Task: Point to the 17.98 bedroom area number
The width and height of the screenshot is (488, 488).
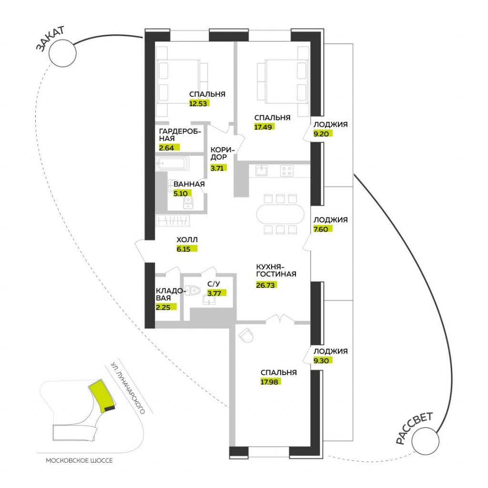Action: coord(269,381)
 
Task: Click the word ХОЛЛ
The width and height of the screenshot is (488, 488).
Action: coord(187,240)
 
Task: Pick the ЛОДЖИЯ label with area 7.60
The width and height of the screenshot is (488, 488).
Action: coord(330,220)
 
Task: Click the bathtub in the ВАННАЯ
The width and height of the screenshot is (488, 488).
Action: coord(173,164)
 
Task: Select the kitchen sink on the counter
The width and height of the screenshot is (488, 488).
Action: coord(261,170)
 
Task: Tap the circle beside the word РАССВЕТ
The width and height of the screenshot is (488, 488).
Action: coord(425,441)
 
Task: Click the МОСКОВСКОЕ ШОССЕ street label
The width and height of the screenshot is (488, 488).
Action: coord(80,461)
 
